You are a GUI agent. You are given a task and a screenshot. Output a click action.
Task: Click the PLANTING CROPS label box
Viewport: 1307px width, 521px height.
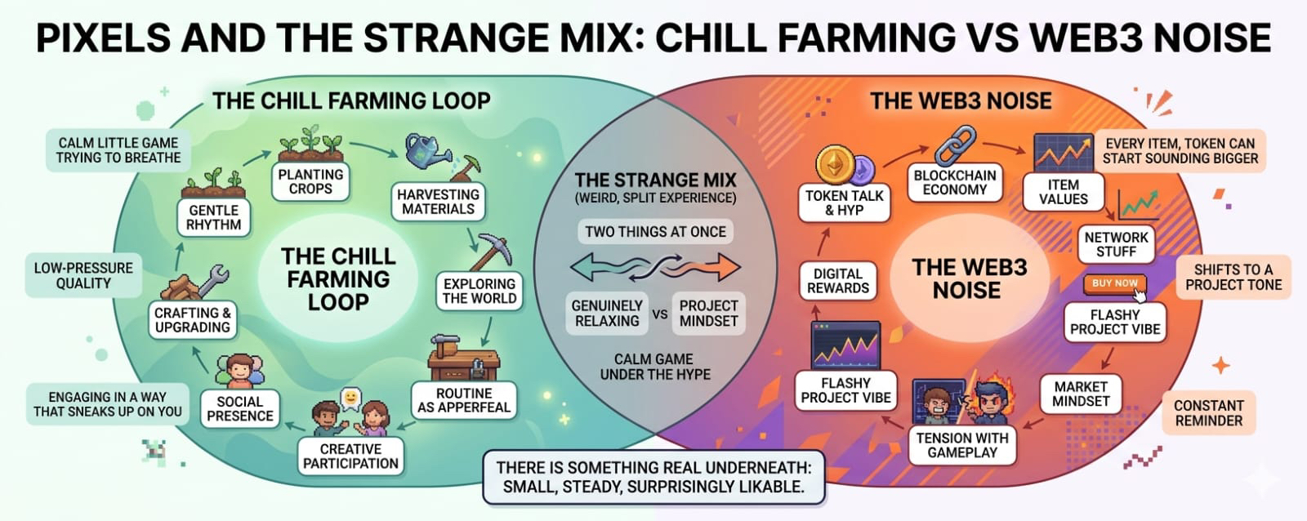(x=310, y=181)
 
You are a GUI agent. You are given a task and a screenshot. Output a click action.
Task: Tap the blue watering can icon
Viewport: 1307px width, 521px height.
(x=426, y=150)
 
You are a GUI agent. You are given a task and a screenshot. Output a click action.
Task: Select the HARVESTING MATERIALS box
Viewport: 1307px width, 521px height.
(x=438, y=202)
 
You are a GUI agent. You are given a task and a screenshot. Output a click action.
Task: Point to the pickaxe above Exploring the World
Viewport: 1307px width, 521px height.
(x=491, y=252)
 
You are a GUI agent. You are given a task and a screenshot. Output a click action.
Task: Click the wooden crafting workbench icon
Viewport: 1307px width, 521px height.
(x=463, y=358)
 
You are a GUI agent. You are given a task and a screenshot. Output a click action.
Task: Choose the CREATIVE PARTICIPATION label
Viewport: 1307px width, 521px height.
(x=350, y=456)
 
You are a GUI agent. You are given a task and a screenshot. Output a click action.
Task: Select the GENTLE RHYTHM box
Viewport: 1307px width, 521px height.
(x=213, y=217)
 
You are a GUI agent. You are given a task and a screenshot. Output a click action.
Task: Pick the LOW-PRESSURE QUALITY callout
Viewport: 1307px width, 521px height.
(x=83, y=275)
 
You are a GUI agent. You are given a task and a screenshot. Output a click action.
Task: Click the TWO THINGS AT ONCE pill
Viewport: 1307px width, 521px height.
(x=656, y=232)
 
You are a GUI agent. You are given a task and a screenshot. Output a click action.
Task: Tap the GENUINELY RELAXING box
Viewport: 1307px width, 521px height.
(x=607, y=314)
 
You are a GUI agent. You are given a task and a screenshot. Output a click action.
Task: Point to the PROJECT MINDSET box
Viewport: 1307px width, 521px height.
(x=708, y=314)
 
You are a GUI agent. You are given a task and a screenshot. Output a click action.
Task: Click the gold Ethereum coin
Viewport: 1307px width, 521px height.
(x=835, y=164)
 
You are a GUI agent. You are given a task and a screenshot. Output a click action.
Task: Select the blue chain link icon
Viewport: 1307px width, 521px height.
(x=955, y=144)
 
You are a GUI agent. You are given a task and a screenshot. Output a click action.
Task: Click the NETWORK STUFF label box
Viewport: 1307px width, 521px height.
(x=1116, y=244)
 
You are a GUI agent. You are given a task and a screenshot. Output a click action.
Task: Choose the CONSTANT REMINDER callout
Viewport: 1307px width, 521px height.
(x=1209, y=413)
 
